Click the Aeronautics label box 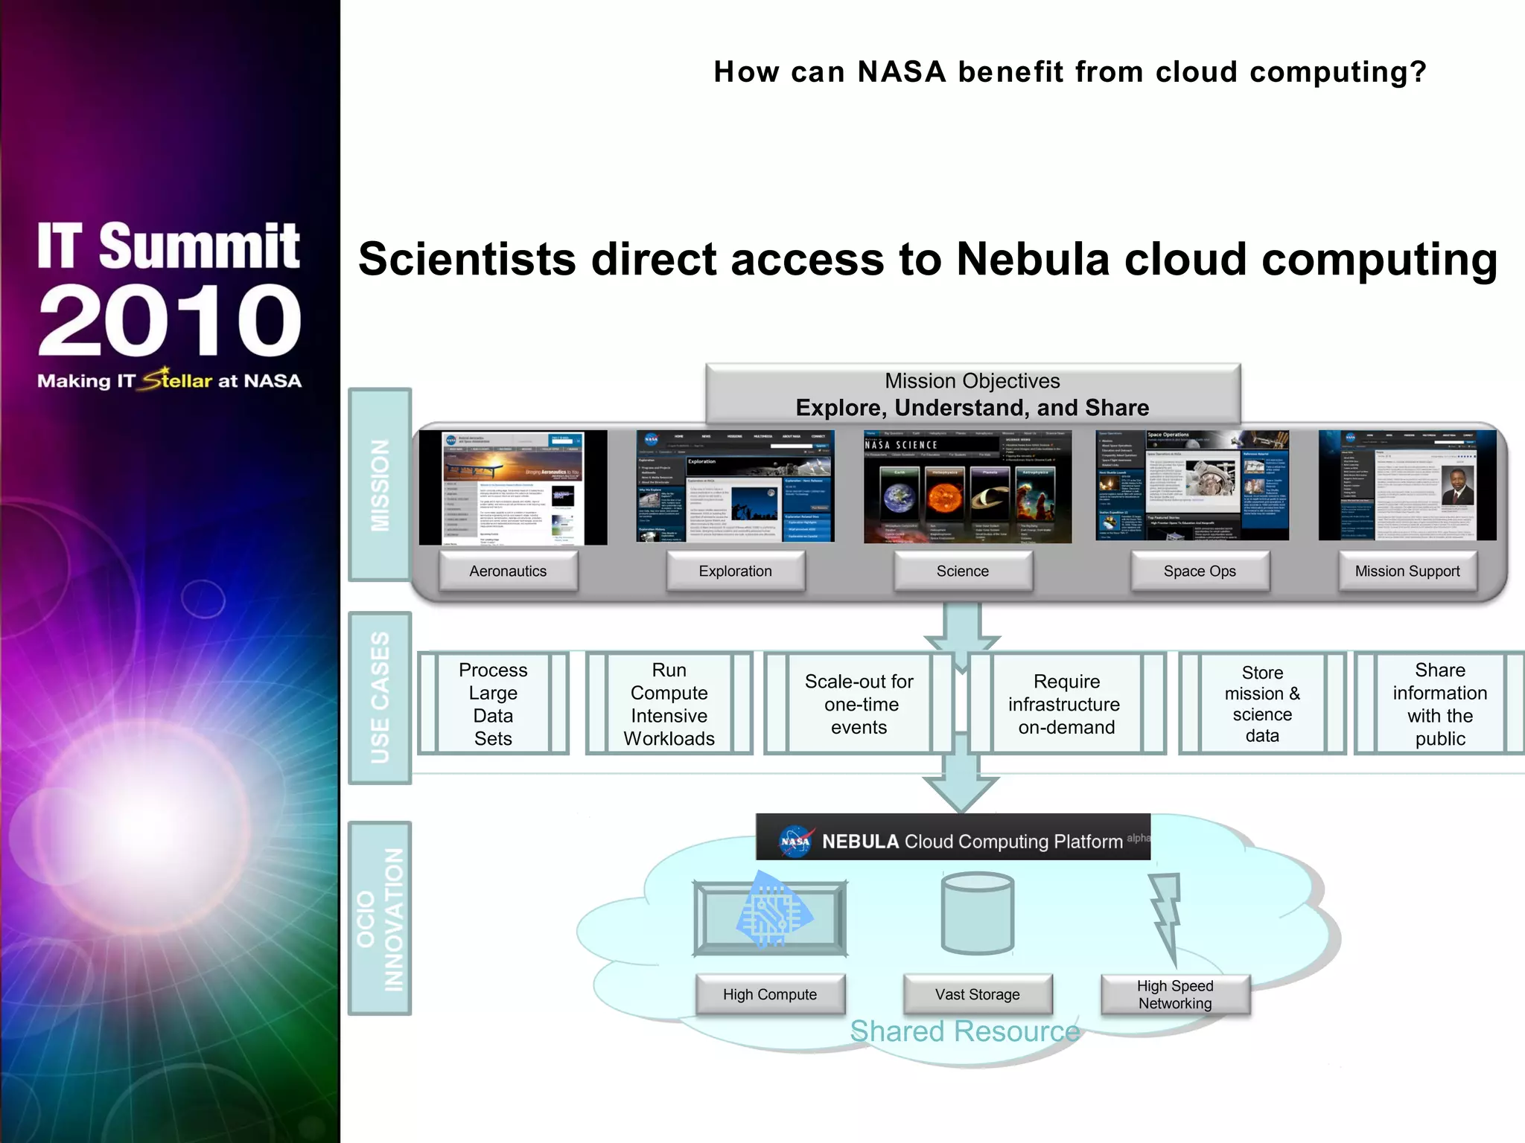[508, 571]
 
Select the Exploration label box [735, 571]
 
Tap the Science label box [962, 571]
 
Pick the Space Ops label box [1199, 571]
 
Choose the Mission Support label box [1407, 571]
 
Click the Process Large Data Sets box [493, 704]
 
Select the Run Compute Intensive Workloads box [669, 704]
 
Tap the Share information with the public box [1439, 704]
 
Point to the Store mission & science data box [1262, 704]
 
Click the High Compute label [769, 994]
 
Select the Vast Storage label [977, 994]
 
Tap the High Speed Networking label [1174, 994]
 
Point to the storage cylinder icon [977, 914]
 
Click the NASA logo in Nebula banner [795, 841]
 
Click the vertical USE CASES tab [380, 697]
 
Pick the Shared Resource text [964, 1031]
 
